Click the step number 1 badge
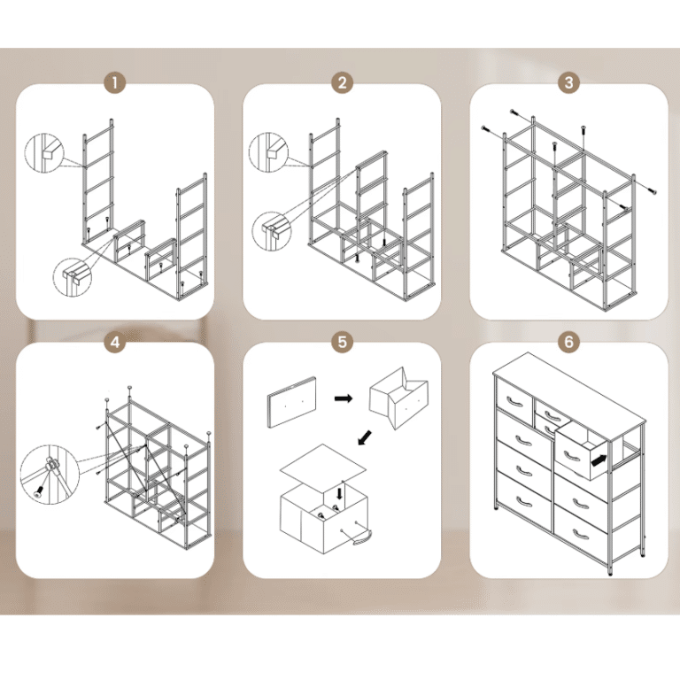pos(115,83)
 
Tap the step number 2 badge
pos(342,83)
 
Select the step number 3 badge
pos(569,83)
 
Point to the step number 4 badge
pos(115,342)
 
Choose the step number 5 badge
pos(342,342)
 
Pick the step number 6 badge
pos(569,342)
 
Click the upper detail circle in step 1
pos(43,153)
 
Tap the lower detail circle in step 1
pos(73,277)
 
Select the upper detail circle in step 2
pos(268,153)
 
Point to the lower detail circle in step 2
pos(272,231)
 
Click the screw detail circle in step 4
pos(50,475)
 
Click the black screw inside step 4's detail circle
pos(39,491)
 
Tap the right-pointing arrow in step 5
pos(343,398)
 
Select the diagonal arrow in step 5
pos(365,437)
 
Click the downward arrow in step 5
pos(340,493)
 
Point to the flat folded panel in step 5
pos(291,402)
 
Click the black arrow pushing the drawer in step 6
pos(599,460)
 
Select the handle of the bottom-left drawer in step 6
pos(524,502)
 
